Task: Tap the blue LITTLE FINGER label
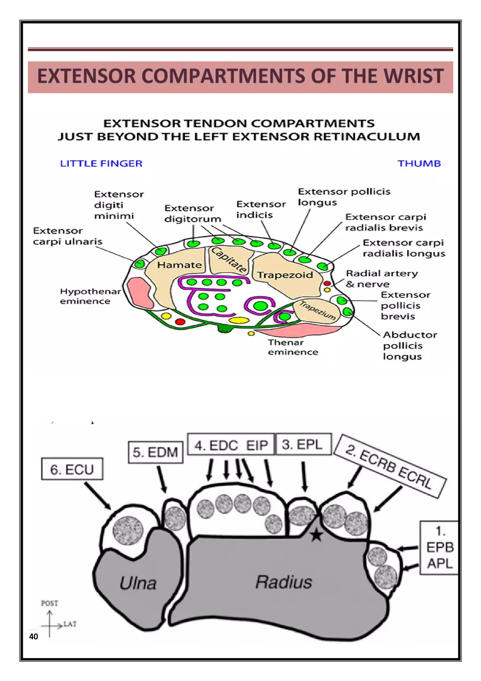pyautogui.click(x=101, y=164)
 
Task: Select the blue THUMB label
pyautogui.click(x=419, y=164)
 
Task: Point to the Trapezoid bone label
pyautogui.click(x=285, y=275)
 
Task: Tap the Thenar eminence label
pyautogui.click(x=292, y=347)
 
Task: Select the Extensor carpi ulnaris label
pyautogui.click(x=67, y=236)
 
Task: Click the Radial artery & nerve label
pyautogui.click(x=382, y=278)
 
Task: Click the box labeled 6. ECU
pyautogui.click(x=72, y=469)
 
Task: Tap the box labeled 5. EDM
pyautogui.click(x=156, y=452)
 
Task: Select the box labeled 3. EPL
pyautogui.click(x=303, y=445)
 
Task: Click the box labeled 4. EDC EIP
pyautogui.click(x=231, y=445)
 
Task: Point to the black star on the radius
pyautogui.click(x=316, y=534)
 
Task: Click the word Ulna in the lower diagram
pyautogui.click(x=138, y=583)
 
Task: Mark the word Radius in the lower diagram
pyautogui.click(x=284, y=582)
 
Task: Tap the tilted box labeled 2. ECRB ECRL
pyautogui.click(x=389, y=465)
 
